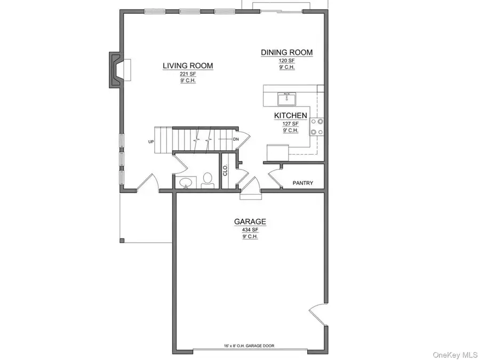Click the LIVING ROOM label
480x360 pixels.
point(188,66)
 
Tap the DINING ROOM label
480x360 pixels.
point(286,52)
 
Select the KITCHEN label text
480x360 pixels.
point(290,116)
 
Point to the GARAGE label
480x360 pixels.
point(250,222)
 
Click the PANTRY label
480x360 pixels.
point(303,183)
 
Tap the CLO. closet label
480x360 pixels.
point(225,170)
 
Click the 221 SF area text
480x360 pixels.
point(187,75)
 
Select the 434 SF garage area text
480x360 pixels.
point(250,230)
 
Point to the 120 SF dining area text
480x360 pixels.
point(286,61)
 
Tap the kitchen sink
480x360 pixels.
point(286,99)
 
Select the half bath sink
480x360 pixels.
point(185,183)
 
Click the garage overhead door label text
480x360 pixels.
point(249,346)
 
